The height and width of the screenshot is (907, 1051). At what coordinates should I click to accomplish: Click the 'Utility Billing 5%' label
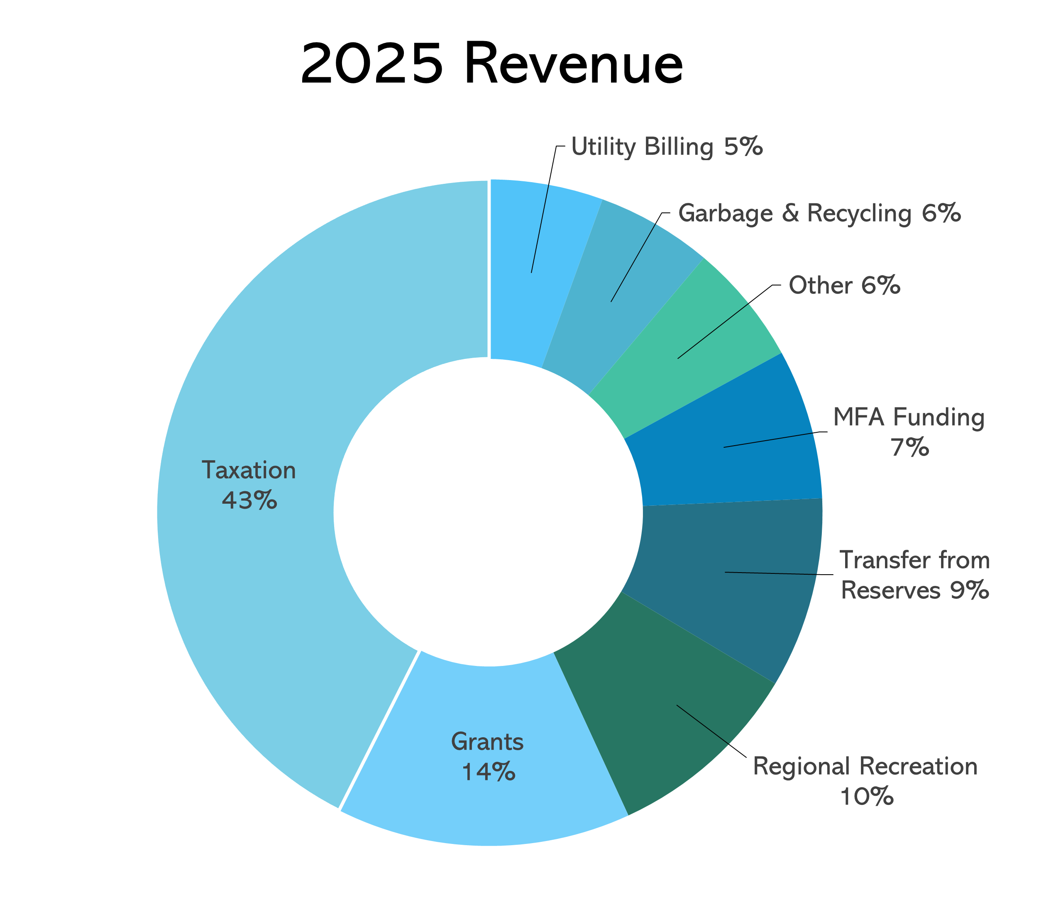667,147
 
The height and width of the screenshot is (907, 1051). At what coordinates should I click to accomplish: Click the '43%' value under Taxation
249,500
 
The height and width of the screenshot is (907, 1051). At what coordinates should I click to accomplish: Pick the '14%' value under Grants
488,773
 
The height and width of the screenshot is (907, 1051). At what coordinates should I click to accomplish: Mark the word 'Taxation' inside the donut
249,470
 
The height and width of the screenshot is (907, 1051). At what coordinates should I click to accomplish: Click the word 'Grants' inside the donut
487,742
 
